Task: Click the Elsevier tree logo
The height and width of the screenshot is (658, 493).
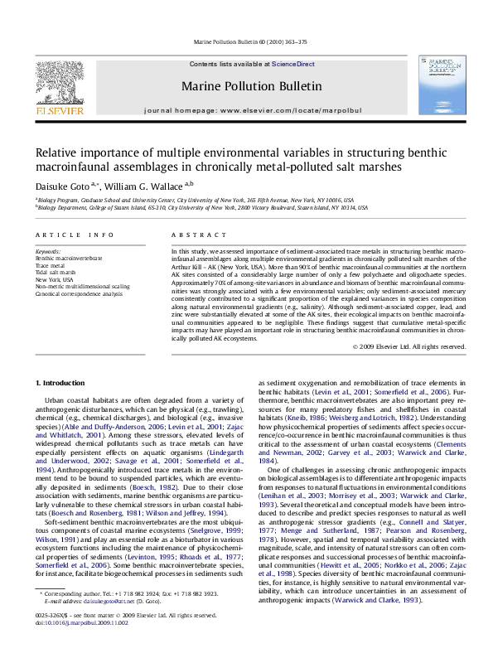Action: (x=61, y=84)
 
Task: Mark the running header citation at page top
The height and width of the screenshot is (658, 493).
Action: (x=246, y=40)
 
